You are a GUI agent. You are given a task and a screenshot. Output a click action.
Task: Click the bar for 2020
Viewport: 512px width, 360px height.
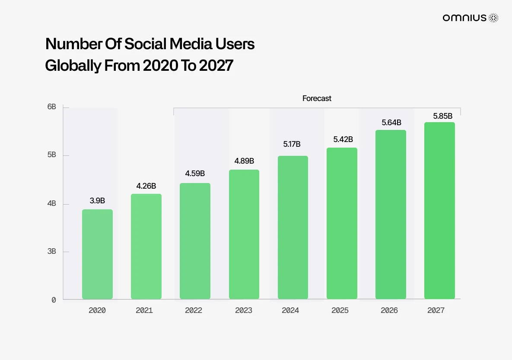pos(97,254)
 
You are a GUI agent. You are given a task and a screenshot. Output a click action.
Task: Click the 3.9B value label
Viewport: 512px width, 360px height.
pos(97,200)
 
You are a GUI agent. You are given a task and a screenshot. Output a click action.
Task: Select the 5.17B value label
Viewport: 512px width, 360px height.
pos(292,144)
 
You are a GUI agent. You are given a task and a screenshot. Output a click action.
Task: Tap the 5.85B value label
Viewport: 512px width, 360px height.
pos(442,116)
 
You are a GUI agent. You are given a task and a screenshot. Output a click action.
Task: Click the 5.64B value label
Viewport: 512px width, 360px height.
pos(391,123)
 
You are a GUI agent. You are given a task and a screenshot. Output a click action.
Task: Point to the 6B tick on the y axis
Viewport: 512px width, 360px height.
pos(51,107)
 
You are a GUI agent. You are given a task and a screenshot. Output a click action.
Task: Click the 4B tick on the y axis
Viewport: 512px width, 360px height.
pos(51,203)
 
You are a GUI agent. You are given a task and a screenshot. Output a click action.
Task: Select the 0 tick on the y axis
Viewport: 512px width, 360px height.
pos(54,300)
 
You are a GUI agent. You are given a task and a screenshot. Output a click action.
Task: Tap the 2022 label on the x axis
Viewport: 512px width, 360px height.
pos(194,310)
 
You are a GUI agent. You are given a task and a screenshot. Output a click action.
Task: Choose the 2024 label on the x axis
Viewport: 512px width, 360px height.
pos(290,310)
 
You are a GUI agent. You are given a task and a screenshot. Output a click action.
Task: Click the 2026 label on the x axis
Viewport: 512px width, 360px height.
pos(389,310)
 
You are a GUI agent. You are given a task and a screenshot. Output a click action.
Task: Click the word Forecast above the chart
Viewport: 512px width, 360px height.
pos(317,98)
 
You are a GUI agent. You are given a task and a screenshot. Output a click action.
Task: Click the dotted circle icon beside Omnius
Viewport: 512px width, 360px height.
pos(493,18)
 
